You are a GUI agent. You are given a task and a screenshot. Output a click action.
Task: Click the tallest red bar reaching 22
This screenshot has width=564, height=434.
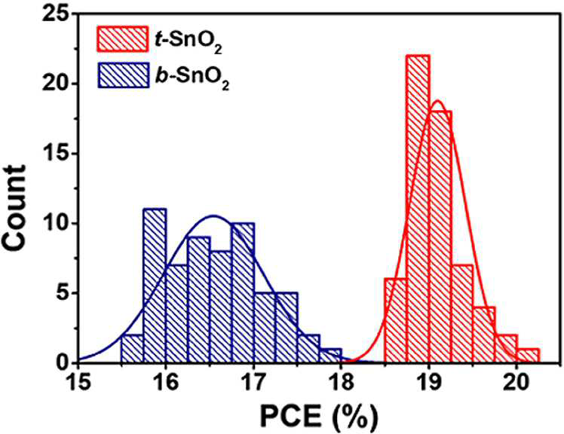click(418, 209)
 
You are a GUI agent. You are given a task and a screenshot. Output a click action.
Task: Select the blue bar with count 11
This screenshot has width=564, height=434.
click(155, 286)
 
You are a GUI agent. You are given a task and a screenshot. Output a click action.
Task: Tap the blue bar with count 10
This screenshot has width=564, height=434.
click(243, 292)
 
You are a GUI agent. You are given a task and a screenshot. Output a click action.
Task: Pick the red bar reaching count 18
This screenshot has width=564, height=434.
click(440, 237)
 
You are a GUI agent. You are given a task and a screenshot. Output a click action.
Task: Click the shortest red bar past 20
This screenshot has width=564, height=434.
click(528, 355)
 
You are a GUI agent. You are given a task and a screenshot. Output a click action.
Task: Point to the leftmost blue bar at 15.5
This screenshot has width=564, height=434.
click(133, 348)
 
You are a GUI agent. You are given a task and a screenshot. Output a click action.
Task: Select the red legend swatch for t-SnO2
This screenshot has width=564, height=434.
click(123, 38)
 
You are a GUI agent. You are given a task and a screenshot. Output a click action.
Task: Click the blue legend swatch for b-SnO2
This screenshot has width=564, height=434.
click(123, 75)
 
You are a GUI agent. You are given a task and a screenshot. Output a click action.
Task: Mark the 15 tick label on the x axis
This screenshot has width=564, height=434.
click(78, 382)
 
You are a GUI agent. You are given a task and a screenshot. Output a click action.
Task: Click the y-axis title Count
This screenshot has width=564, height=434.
click(14, 207)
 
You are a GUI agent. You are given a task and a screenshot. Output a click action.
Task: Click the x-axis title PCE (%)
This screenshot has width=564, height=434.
click(319, 417)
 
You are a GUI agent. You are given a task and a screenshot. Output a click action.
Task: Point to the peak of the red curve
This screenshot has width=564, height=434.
click(437, 101)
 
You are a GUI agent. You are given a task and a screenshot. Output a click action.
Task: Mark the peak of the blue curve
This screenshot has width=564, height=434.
click(213, 215)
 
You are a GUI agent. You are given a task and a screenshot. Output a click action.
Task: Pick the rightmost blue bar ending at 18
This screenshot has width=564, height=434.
click(330, 355)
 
